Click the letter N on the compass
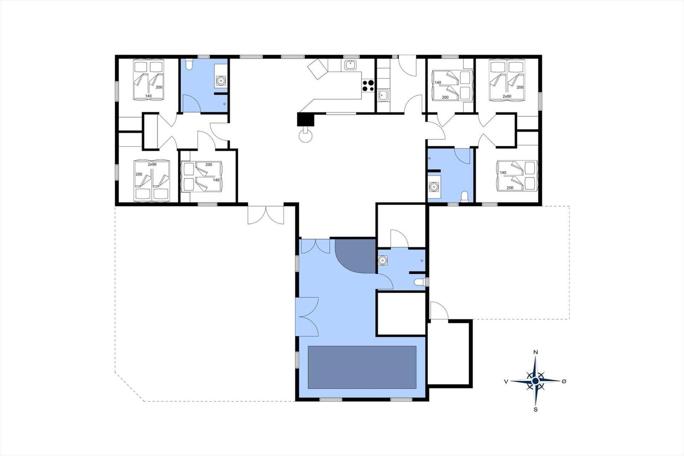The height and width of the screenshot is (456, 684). click(535, 352)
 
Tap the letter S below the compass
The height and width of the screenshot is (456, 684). click(535, 409)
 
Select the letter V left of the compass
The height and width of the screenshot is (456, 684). click(506, 382)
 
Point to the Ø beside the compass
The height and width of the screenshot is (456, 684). click(564, 381)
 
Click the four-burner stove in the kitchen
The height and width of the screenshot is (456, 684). click(368, 86)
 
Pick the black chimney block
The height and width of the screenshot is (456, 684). click(306, 119)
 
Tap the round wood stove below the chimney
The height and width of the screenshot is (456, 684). click(305, 136)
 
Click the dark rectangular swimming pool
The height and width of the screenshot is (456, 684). click(362, 367)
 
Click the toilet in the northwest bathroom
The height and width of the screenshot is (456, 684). click(189, 64)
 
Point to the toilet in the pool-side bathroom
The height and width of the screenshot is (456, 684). click(420, 282)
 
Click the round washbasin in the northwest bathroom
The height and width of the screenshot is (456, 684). click(221, 80)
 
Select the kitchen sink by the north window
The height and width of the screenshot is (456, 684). click(350, 65)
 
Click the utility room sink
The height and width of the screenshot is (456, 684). click(383, 95)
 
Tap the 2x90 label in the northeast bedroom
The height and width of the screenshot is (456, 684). click(507, 96)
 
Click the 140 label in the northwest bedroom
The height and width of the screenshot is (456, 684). click(148, 96)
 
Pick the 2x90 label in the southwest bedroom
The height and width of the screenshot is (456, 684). click(152, 164)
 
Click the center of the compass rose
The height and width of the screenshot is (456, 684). click(535, 381)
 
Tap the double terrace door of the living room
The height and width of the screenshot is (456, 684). click(265, 215)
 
